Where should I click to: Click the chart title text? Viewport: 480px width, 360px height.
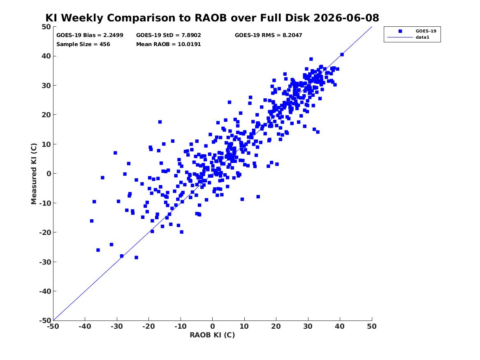(212, 18)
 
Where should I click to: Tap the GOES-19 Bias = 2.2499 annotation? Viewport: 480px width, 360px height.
(90, 35)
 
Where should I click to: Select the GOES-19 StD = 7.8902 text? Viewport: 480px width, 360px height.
(168, 35)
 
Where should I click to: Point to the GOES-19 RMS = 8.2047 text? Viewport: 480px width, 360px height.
(269, 35)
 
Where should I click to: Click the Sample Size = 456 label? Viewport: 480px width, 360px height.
(83, 44)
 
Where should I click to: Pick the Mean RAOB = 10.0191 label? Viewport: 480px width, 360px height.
(168, 44)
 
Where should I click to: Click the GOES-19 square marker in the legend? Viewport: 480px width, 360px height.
(400, 31)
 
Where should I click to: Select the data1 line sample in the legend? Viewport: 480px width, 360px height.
(400, 37)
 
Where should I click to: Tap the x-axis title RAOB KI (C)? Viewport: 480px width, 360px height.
(212, 335)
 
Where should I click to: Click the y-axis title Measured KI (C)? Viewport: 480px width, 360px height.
(34, 174)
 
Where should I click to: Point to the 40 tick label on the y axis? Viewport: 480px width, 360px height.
(46, 56)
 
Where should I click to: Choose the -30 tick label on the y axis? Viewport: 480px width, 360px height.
(45, 262)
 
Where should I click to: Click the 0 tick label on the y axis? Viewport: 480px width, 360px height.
(49, 174)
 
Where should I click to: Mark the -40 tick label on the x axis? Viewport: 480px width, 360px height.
(85, 327)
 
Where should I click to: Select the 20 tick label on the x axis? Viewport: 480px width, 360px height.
(276, 327)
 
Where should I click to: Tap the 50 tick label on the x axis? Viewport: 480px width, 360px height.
(372, 327)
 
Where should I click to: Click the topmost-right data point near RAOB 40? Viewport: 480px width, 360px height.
(342, 54)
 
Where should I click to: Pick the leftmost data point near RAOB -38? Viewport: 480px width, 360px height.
(92, 221)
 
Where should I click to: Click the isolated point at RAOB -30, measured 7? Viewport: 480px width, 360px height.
(115, 153)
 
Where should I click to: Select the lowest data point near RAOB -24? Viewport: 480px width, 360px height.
(136, 258)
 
